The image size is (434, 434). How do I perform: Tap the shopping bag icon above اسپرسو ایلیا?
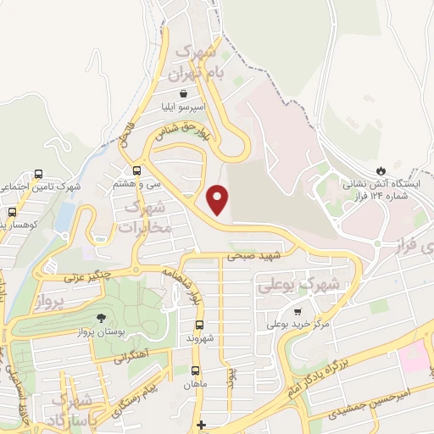184,95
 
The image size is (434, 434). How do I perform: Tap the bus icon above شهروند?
200,325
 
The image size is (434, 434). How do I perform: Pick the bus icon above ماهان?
196,370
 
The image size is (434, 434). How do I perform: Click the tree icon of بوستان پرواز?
101,319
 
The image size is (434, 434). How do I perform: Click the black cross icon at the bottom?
200,425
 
